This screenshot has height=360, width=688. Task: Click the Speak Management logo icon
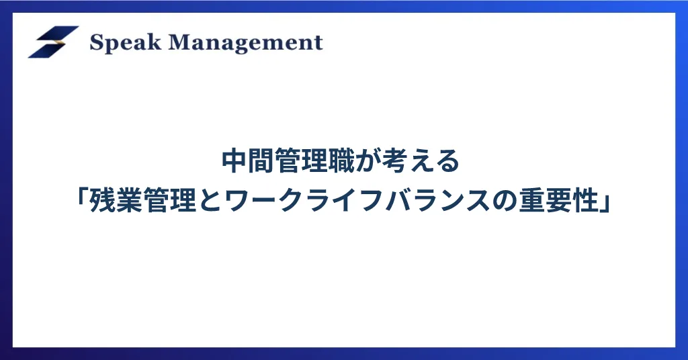pyautogui.click(x=54, y=42)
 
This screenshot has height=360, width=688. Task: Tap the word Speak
pyautogui.click(x=125, y=43)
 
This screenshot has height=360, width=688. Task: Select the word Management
pyautogui.click(x=246, y=44)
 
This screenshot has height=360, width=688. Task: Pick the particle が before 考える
pyautogui.click(x=368, y=161)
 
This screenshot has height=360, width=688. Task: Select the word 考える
pyautogui.click(x=421, y=161)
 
